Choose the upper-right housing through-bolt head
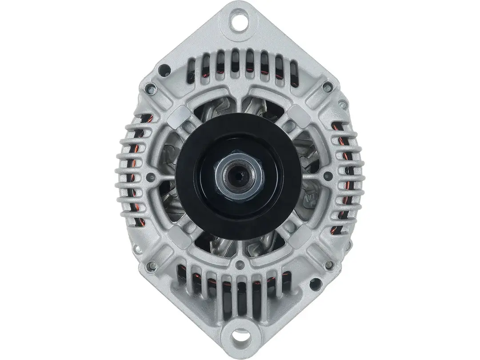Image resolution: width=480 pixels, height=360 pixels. tap(328, 87)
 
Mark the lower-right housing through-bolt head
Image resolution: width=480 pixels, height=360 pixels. tap(329, 265)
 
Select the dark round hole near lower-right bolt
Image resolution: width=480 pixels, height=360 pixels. tap(316, 283)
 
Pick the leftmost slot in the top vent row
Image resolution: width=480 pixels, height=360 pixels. tap(191, 69)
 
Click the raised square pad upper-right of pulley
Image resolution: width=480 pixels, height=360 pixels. tap(300, 115)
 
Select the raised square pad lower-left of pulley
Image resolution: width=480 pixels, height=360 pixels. tap(180, 237)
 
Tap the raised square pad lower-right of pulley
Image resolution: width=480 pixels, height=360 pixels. tap(300, 237)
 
